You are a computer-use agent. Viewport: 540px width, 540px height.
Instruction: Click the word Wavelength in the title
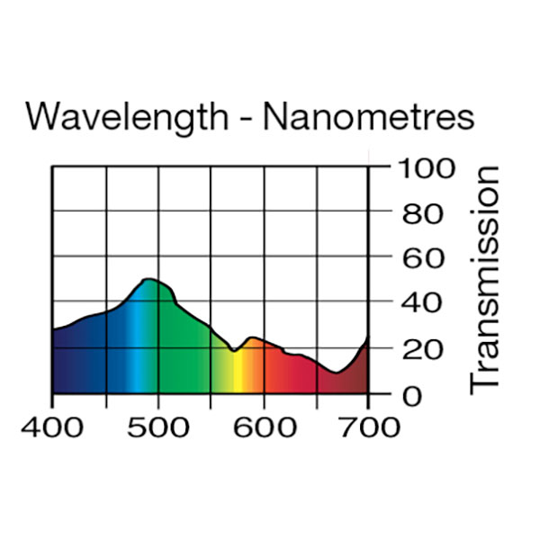[127, 118]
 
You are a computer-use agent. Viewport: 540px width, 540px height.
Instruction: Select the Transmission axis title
[485, 278]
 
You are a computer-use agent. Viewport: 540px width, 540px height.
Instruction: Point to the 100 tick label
[425, 169]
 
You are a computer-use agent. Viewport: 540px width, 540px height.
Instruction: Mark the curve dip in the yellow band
[233, 351]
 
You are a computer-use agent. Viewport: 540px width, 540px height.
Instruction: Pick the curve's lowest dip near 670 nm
[335, 373]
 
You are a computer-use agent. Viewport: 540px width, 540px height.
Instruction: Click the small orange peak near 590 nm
[253, 337]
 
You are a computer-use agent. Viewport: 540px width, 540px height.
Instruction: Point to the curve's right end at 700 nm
[367, 337]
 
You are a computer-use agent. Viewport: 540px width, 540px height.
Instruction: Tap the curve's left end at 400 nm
[53, 330]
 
